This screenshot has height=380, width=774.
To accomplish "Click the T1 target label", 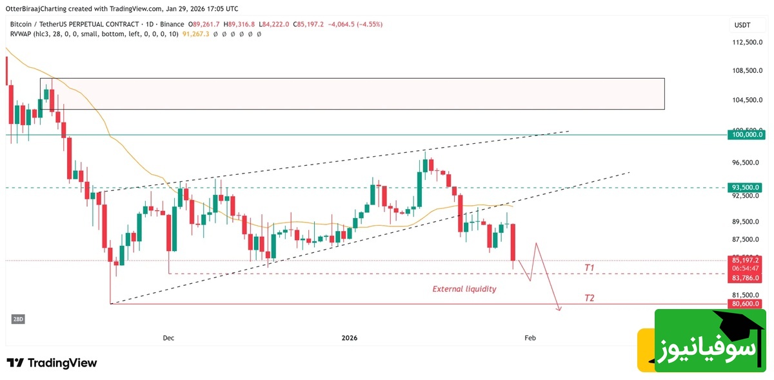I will pyautogui.click(x=589, y=267).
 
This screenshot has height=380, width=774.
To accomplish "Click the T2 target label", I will pyautogui.click(x=589, y=297).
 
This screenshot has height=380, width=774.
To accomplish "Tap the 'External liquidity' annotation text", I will pyautogui.click(x=464, y=289).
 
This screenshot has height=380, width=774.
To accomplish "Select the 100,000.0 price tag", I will pyautogui.click(x=746, y=135).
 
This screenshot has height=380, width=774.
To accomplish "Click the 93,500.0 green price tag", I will pyautogui.click(x=746, y=187).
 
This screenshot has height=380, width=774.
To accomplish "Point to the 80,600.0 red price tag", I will pyautogui.click(x=746, y=303).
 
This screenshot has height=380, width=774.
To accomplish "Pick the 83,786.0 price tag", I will pyautogui.click(x=746, y=278).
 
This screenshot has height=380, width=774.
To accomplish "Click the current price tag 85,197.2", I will pyautogui.click(x=746, y=260).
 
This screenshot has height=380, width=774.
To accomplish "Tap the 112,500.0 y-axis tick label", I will pyautogui.click(x=747, y=42).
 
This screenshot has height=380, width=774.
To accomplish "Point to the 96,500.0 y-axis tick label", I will pyautogui.click(x=747, y=163).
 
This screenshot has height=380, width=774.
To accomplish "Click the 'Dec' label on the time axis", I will pyautogui.click(x=168, y=337).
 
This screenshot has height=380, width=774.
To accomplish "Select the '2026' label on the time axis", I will pyautogui.click(x=349, y=337).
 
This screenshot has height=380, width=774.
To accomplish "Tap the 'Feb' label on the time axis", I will pyautogui.click(x=530, y=337).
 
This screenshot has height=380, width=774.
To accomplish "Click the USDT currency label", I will pyautogui.click(x=743, y=25).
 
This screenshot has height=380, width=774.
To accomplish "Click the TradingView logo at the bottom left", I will pyautogui.click(x=52, y=363).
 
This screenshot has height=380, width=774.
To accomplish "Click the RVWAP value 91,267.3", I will pyautogui.click(x=195, y=34).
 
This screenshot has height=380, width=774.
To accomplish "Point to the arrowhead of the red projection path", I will pyautogui.click(x=559, y=310).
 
